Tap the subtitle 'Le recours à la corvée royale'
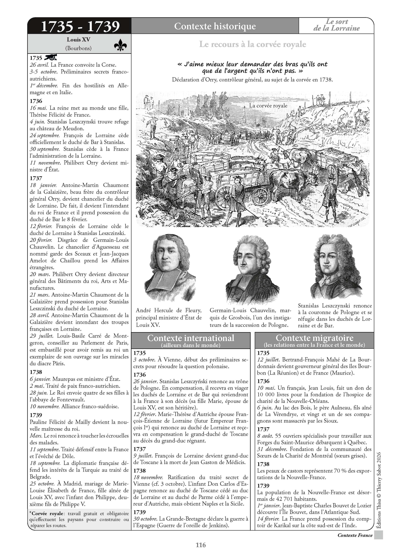pyautogui.click(x=253, y=44)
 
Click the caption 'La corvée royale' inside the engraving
pyautogui.click(x=268, y=106)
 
